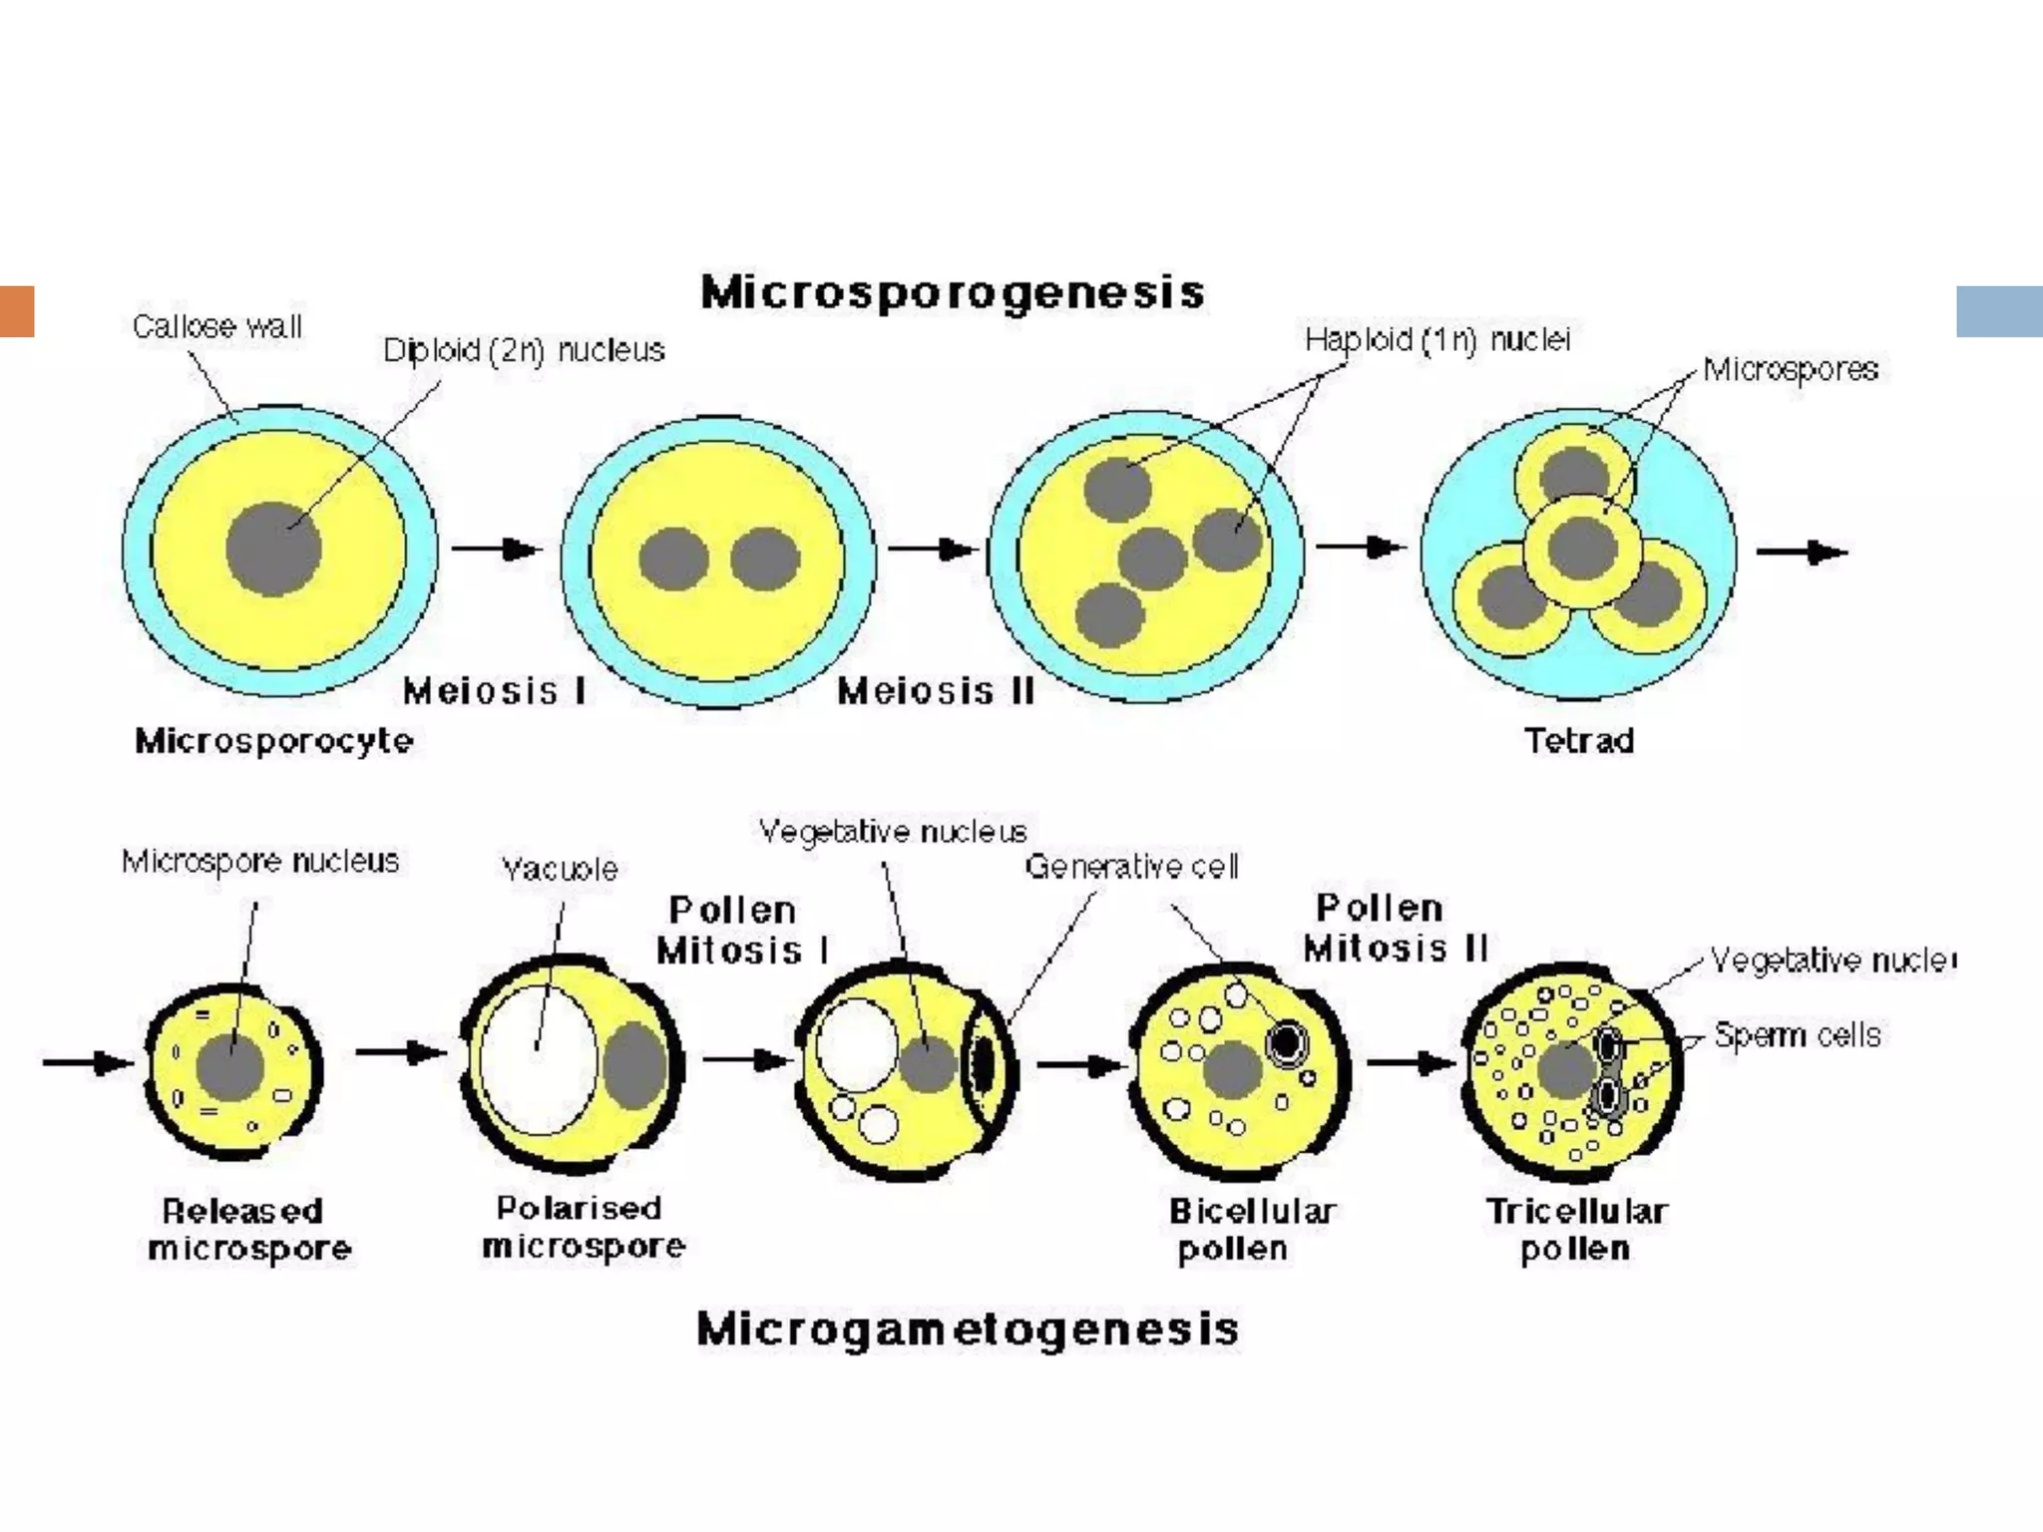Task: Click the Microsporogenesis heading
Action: (953, 292)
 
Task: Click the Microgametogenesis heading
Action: (967, 1330)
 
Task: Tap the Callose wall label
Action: (216, 326)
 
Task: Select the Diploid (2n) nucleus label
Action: (524, 350)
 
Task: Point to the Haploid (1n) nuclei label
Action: (1437, 340)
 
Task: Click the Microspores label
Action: (1790, 369)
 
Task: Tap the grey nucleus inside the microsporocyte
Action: (273, 549)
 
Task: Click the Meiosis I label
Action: (495, 690)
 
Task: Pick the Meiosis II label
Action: (936, 690)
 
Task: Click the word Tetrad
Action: (1579, 740)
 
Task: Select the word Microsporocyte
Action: (273, 740)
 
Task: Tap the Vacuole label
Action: (560, 869)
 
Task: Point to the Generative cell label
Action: (1131, 866)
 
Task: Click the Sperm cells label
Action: (1797, 1035)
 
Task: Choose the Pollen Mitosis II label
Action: (1395, 928)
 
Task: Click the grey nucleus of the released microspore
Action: (230, 1067)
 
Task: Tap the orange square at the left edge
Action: (17, 311)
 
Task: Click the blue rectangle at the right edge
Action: (1999, 311)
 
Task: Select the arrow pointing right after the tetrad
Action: (1802, 552)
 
